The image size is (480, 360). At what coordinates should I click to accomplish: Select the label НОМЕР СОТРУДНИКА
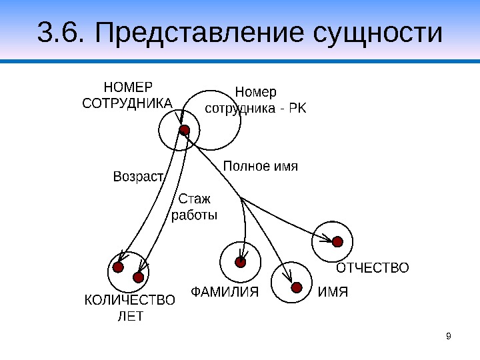point(127,95)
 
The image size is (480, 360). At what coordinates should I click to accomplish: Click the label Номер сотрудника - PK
point(256,99)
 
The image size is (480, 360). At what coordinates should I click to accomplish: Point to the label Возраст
point(139,177)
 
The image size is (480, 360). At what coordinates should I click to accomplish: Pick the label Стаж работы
point(195,207)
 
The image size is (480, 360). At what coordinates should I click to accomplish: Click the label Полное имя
point(259,165)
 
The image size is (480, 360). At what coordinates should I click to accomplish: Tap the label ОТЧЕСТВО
point(372,268)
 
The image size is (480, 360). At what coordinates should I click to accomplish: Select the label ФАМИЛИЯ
point(225,291)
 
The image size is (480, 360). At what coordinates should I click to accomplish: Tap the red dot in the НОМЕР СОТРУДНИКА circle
point(185,129)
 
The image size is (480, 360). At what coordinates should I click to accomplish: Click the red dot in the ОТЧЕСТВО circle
point(337,241)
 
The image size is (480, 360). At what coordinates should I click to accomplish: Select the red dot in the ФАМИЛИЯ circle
point(241,262)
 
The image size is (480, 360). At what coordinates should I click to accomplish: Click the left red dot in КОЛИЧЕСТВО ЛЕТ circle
point(118,267)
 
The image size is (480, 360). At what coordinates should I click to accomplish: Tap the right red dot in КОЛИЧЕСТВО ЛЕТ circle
point(139,276)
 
